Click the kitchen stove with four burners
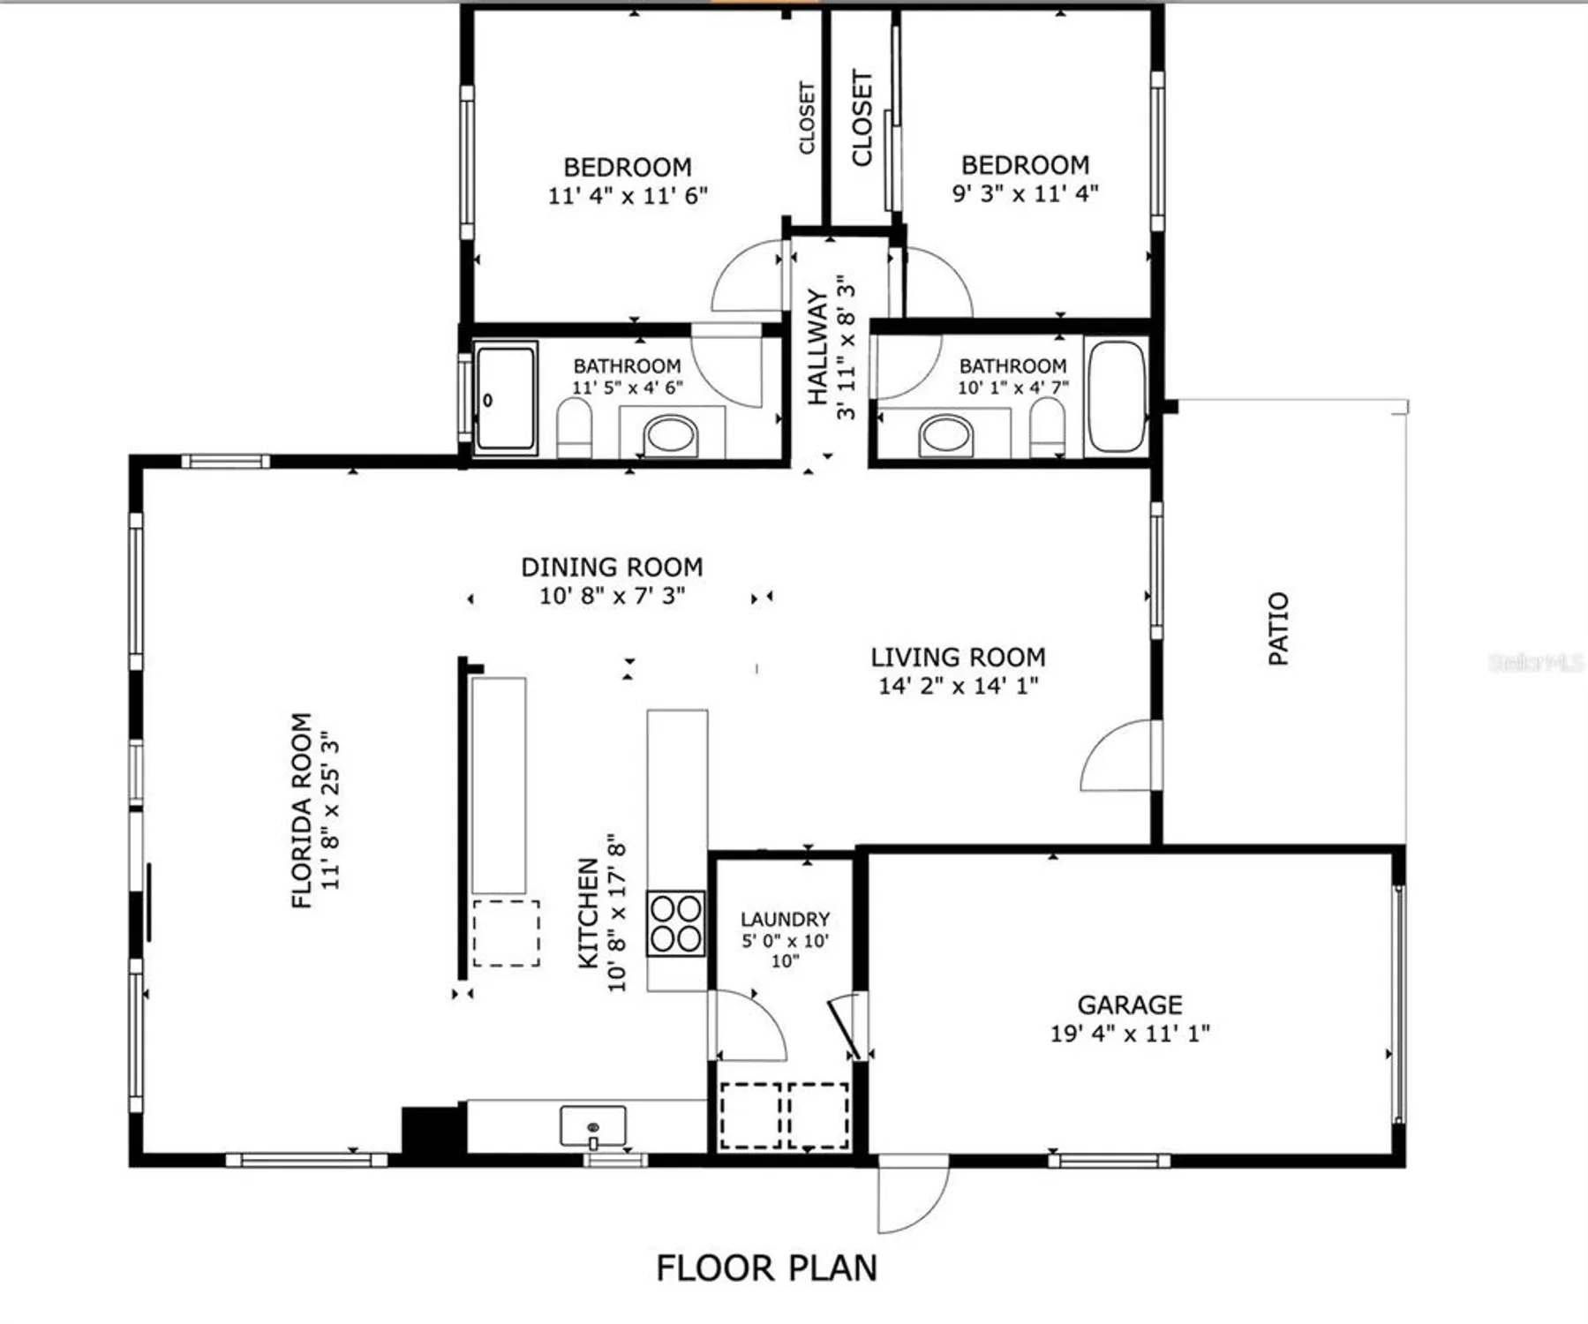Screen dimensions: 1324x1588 (676, 923)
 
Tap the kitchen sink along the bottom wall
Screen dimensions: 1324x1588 (593, 1126)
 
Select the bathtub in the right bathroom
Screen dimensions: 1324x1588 (1117, 396)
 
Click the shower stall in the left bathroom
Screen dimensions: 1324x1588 (505, 398)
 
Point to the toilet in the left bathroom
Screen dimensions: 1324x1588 (575, 427)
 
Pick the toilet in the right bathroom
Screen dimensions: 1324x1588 (1048, 427)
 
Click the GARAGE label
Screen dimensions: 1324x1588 (1130, 1004)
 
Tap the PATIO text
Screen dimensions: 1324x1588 (1278, 628)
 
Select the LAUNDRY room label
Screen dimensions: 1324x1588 (785, 919)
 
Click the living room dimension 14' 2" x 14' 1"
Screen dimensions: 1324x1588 (958, 686)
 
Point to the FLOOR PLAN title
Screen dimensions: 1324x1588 (766, 1268)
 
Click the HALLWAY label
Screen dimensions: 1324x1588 (817, 347)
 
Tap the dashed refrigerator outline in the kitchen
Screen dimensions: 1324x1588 (506, 933)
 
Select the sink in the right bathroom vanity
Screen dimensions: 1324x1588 (945, 435)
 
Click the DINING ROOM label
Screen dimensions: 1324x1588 (612, 567)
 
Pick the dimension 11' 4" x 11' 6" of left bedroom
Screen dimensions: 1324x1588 (628, 195)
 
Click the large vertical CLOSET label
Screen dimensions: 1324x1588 (862, 118)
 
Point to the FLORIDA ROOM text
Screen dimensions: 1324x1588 (302, 809)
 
